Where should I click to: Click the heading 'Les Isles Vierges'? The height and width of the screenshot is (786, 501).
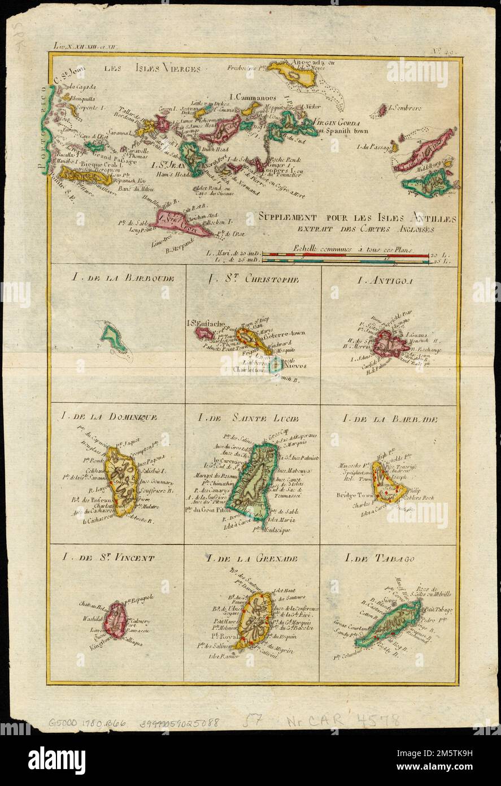152,69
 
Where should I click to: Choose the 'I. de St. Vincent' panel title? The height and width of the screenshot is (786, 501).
109,558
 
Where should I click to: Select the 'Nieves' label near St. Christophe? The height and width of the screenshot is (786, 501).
295,366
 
